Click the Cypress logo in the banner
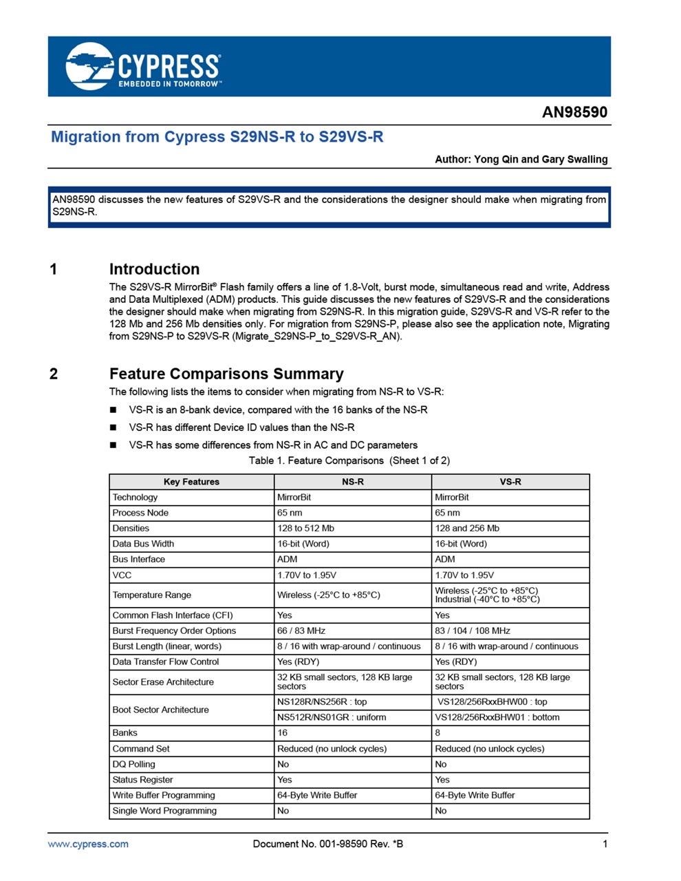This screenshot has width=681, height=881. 143,67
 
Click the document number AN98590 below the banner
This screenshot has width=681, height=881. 574,112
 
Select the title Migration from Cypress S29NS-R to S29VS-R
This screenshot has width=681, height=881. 217,137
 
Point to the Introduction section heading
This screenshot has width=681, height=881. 154,269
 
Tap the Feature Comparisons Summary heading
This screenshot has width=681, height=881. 226,374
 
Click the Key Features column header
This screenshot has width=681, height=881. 191,482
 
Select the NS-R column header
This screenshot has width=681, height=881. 353,482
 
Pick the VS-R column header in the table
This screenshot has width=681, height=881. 510,482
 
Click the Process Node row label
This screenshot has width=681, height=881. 140,513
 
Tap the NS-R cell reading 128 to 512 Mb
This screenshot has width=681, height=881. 305,529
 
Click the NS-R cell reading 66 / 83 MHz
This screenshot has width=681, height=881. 301,630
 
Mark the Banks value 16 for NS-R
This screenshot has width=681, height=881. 283,733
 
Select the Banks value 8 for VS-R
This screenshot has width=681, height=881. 437,733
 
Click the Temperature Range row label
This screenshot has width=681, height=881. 152,595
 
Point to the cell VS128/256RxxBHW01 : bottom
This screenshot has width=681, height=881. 497,717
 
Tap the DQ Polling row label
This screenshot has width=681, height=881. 134,764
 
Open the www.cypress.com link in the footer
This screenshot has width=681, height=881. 88,844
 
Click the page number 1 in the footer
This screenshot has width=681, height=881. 605,844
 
